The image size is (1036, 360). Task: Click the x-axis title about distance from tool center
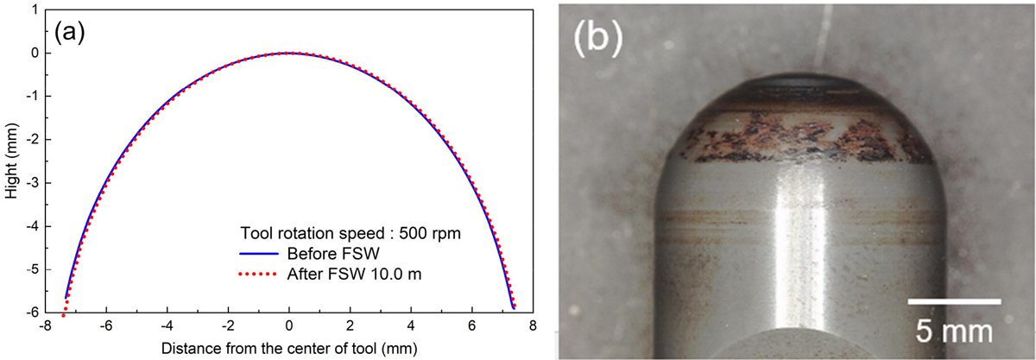(289, 348)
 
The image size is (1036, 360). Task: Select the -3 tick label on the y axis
(32, 183)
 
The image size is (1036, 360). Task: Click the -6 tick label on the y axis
(32, 313)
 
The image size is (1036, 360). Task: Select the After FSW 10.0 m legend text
(350, 275)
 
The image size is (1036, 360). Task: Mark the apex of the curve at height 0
(289, 53)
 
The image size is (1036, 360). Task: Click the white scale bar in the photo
(954, 300)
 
